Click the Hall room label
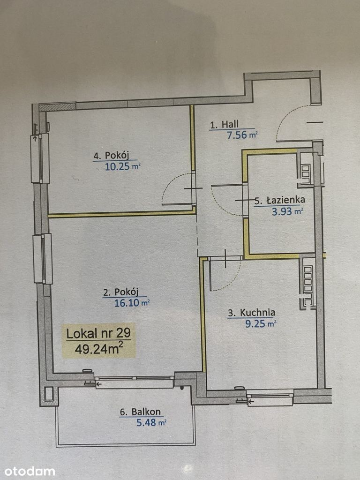pos(224,125)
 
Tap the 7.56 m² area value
pos(242,135)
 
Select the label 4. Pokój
pos(111,156)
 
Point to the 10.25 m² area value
pos(122,167)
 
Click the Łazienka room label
pos(280,200)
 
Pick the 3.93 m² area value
pos(287,211)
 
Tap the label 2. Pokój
pos(120,292)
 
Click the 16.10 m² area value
pos(132,303)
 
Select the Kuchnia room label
pos(251,313)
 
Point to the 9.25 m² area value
pos(261,324)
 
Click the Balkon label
pos(140,412)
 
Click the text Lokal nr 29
pos(98,333)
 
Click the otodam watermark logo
pos(30,472)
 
